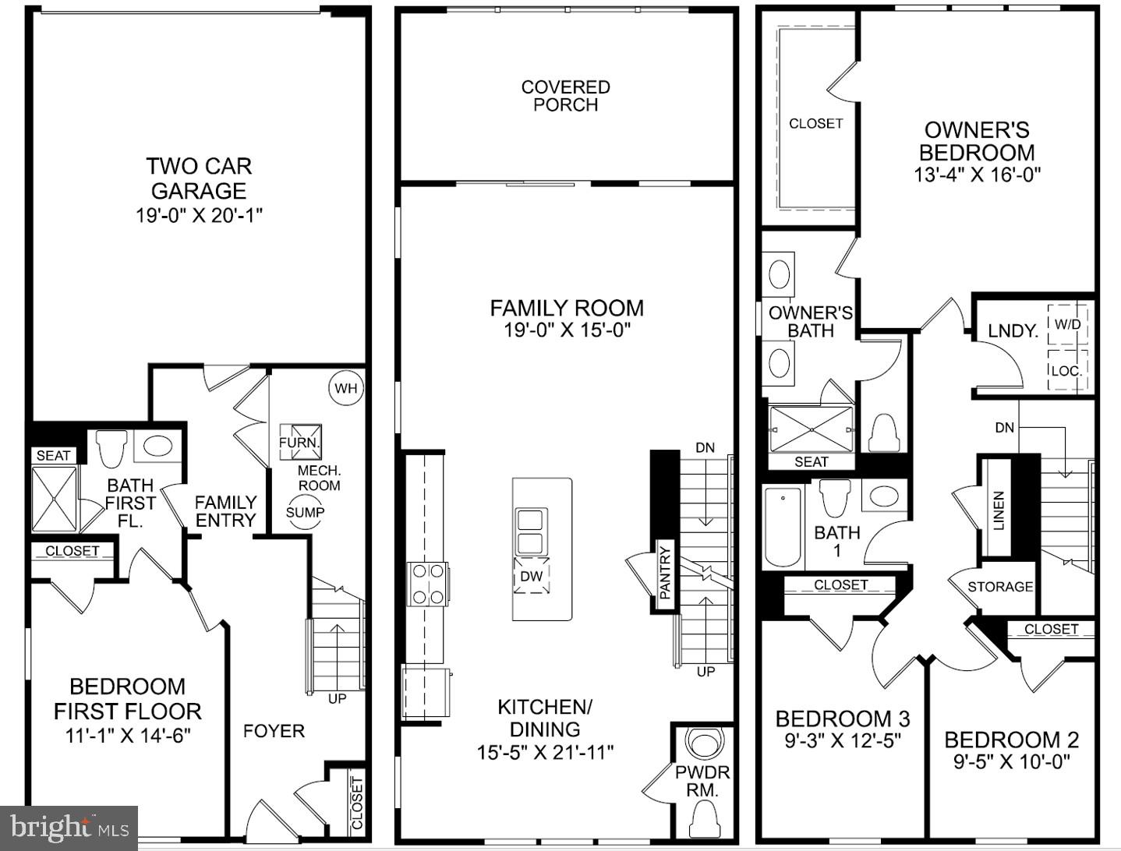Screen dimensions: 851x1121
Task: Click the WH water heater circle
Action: (346, 388)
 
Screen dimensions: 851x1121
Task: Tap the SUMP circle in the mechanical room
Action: (305, 512)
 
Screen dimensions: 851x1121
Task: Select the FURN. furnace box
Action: (301, 442)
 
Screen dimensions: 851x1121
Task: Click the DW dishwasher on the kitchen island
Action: (531, 577)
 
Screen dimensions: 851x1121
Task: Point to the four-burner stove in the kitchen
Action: (428, 584)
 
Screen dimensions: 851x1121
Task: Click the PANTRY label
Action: (665, 574)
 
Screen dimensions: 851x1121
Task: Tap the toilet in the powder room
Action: (704, 819)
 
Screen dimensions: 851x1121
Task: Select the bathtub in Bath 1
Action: (783, 527)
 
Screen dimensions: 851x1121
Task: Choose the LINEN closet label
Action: (999, 510)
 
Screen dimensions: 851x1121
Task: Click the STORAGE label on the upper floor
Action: (1000, 587)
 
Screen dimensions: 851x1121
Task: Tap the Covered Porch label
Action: (566, 96)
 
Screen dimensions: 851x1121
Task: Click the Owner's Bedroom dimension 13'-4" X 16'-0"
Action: (978, 175)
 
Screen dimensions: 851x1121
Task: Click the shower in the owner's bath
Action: (812, 429)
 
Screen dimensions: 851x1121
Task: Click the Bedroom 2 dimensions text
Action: (1012, 761)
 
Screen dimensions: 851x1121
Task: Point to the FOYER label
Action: (274, 731)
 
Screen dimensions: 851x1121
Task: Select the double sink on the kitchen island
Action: (531, 529)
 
